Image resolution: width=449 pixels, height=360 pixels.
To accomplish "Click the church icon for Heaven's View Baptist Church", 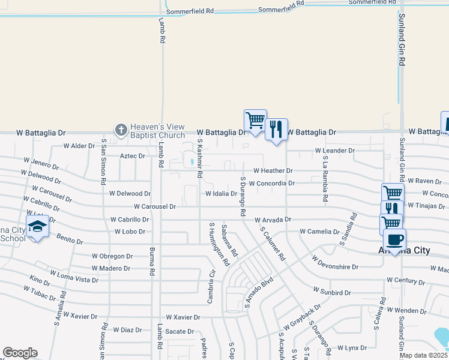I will click(x=121, y=129).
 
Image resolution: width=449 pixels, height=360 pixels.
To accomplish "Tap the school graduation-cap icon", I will click(x=38, y=227).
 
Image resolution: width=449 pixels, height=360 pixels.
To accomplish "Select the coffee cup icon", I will click(x=394, y=239).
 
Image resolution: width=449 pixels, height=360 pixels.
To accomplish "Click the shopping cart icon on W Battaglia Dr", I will click(x=255, y=120).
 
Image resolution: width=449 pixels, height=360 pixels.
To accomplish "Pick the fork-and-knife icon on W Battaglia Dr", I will click(x=276, y=128).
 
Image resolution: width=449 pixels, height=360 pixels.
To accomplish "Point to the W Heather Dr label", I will click(x=273, y=171).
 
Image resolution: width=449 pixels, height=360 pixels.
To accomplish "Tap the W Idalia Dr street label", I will click(x=221, y=194).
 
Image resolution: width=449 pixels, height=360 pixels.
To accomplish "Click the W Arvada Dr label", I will click(x=273, y=220).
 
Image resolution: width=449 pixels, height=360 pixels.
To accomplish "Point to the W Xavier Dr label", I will click(x=182, y=316).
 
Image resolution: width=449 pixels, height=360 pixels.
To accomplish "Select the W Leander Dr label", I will click(x=331, y=151).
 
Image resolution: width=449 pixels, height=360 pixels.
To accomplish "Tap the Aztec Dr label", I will click(x=133, y=156).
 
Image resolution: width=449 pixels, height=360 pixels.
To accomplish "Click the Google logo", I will click(x=20, y=353).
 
